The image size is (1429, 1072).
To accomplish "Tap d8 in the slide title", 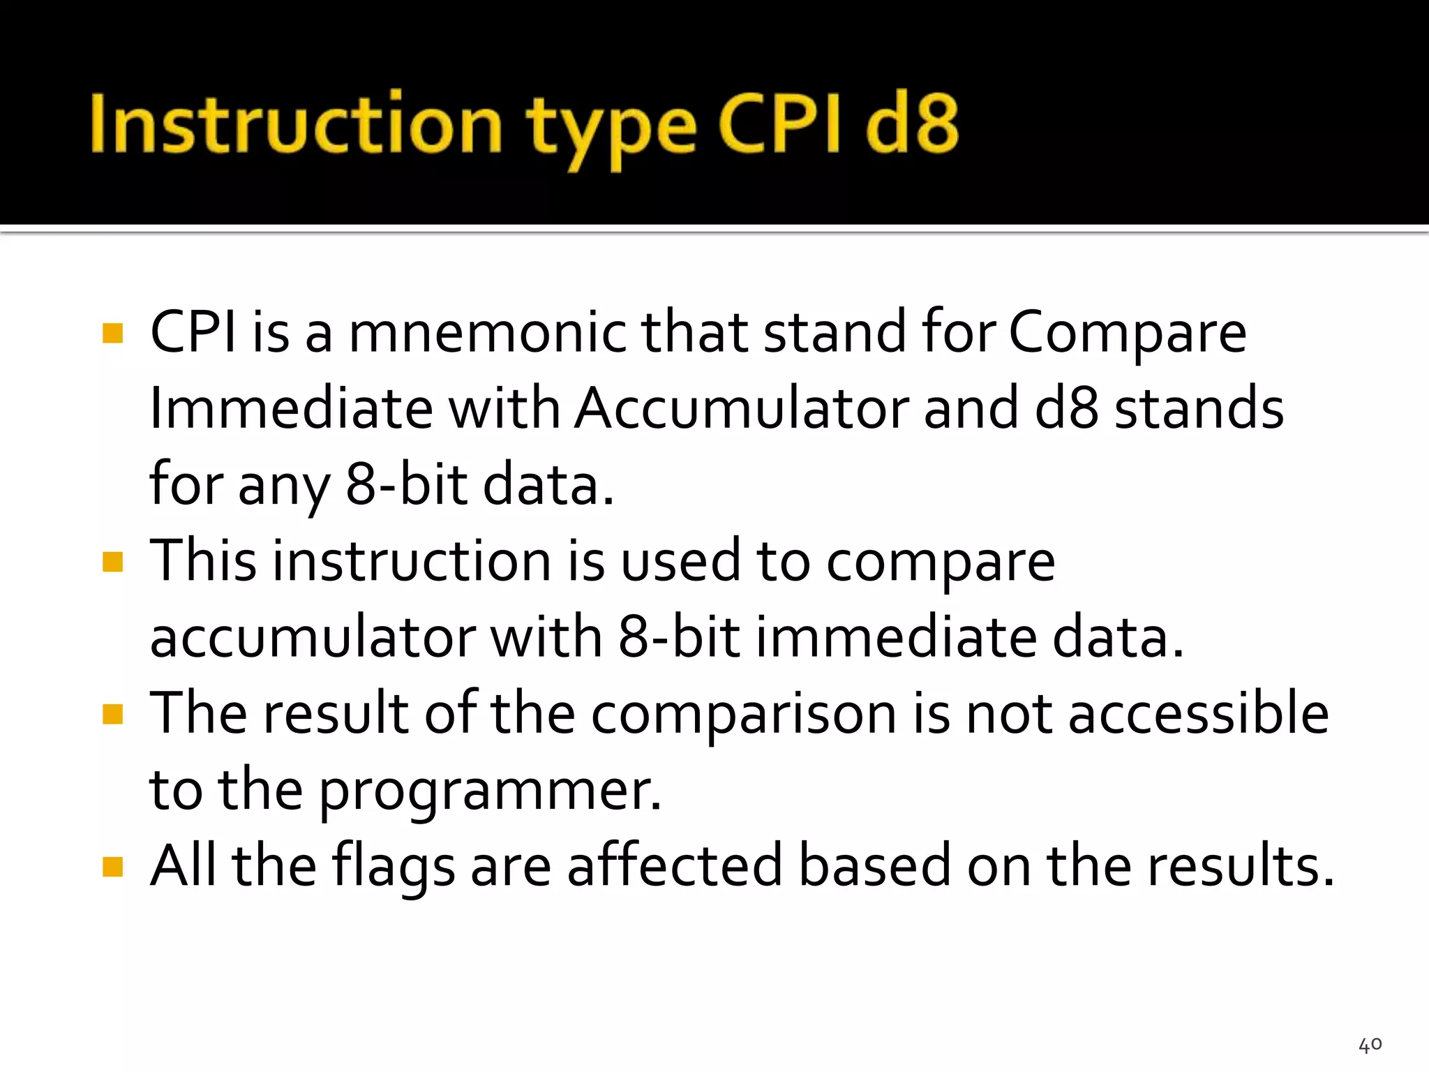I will (912, 124).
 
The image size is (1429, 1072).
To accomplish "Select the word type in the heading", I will (611, 129).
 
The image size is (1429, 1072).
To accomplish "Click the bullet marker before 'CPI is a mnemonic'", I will (112, 333).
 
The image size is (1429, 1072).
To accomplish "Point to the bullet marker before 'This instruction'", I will (112, 561).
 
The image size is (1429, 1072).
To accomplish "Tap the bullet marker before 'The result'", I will (112, 714).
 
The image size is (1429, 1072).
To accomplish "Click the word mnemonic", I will (488, 333).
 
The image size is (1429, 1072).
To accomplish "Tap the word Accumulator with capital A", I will (742, 408).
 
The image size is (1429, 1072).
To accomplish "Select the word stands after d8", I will (1198, 408).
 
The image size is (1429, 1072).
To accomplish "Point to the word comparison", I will (743, 715).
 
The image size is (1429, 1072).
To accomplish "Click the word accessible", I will (1198, 714).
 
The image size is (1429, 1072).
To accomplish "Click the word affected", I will (674, 866).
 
